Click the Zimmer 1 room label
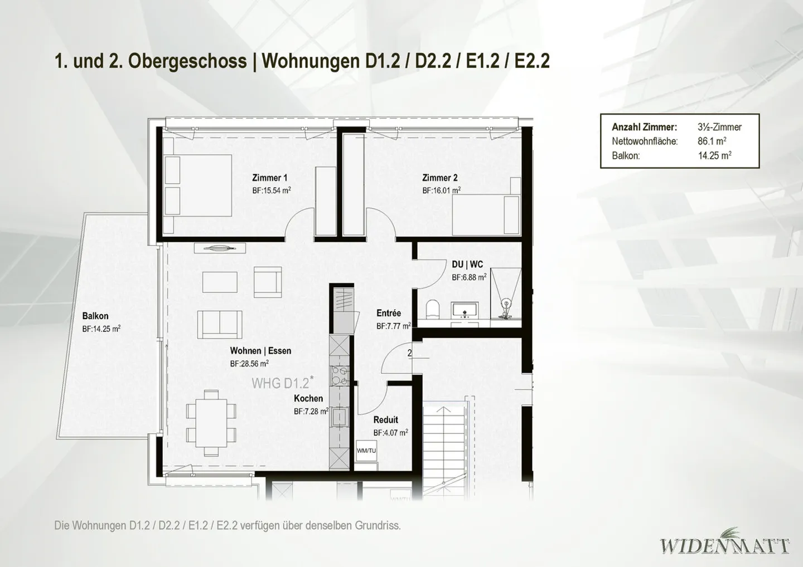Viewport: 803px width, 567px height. click(269, 178)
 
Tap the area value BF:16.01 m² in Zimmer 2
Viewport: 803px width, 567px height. click(441, 190)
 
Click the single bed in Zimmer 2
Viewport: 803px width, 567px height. click(486, 214)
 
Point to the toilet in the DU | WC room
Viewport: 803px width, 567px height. click(433, 309)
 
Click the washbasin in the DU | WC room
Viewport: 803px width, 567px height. click(463, 309)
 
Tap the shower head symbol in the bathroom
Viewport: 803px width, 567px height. click(506, 304)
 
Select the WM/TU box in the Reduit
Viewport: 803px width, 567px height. click(366, 451)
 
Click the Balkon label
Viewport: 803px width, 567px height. click(95, 316)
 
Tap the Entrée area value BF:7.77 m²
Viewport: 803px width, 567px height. click(393, 326)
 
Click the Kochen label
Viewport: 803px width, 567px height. click(308, 398)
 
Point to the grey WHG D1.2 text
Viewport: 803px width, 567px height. click(281, 383)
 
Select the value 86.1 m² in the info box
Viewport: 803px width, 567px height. click(712, 141)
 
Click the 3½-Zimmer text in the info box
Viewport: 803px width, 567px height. click(719, 127)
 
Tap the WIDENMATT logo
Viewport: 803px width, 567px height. click(725, 544)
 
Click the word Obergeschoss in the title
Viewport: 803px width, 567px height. click(187, 61)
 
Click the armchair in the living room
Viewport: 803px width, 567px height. click(267, 282)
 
